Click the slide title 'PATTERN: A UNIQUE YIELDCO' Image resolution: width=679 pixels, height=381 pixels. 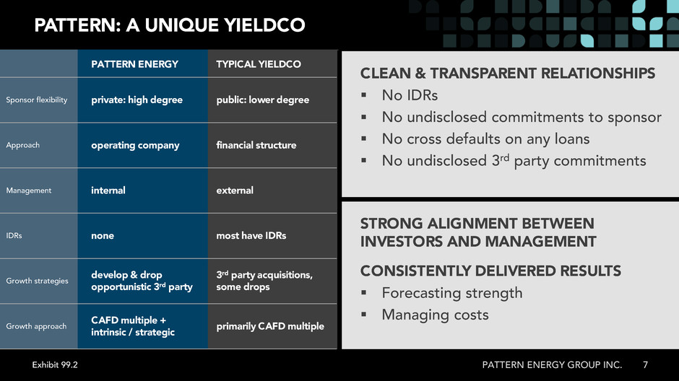click(170, 25)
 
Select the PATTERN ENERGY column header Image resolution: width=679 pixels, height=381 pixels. click(134, 64)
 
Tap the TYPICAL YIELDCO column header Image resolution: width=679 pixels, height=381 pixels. click(259, 64)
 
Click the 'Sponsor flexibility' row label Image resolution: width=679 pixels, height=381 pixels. click(37, 100)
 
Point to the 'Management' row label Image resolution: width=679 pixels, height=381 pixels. click(29, 190)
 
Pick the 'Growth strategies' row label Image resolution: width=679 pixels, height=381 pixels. click(38, 281)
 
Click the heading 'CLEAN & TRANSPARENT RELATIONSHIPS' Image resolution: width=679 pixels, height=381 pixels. click(508, 73)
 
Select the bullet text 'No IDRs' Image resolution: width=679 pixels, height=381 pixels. click(410, 95)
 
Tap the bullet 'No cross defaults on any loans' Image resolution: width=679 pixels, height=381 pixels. click(486, 139)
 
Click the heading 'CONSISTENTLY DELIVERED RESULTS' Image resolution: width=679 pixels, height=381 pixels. click(490, 271)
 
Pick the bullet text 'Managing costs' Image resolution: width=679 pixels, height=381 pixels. click(435, 315)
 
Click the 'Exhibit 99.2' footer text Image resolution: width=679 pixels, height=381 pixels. click(55, 365)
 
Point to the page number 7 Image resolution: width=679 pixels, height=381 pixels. click(645, 365)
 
